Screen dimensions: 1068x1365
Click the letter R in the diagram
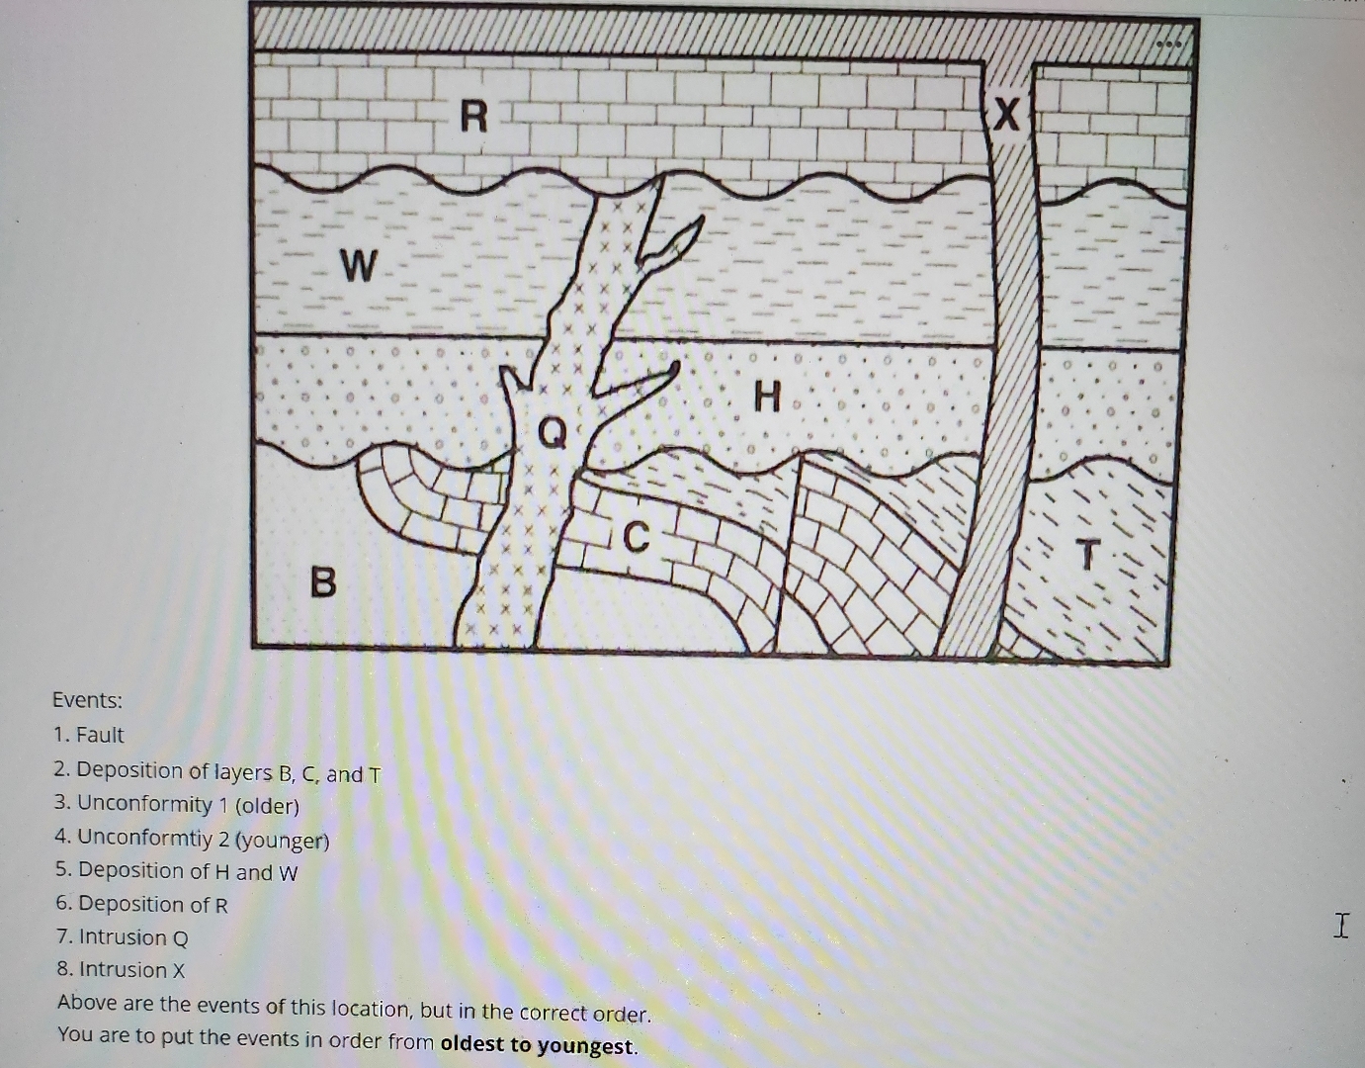click(474, 118)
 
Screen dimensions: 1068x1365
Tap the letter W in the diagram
click(359, 266)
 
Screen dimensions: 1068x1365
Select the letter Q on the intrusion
click(554, 431)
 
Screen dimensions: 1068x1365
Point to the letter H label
click(767, 398)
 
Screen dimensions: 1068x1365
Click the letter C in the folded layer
click(638, 538)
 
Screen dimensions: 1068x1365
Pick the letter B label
click(322, 581)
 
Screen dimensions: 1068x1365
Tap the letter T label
click(1086, 556)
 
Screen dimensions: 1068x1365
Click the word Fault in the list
click(100, 735)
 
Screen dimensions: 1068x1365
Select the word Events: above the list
click(87, 700)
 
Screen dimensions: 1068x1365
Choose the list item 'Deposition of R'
click(152, 904)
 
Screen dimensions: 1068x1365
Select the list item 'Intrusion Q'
click(132, 936)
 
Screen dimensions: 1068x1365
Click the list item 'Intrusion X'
click(131, 969)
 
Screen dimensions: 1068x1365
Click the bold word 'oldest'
click(471, 1043)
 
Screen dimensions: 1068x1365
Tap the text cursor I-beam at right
click(1340, 927)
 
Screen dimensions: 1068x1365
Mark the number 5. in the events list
click(64, 870)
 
